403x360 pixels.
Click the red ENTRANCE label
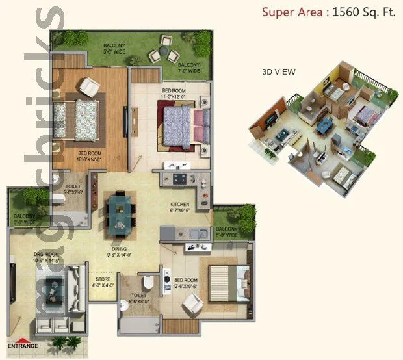pyautogui.click(x=23, y=346)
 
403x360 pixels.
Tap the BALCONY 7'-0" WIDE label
pyautogui.click(x=190, y=68)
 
